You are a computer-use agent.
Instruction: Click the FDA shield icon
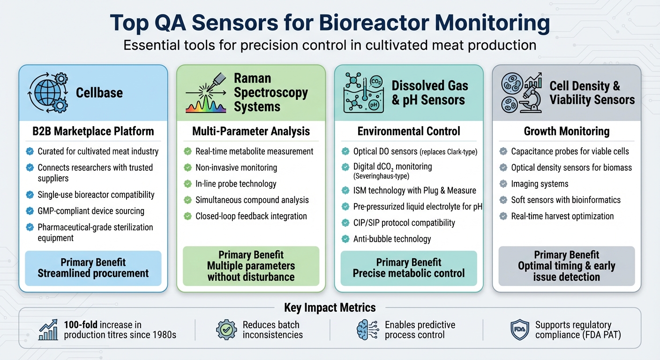(x=519, y=330)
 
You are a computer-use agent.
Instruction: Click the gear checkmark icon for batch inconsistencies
(x=226, y=330)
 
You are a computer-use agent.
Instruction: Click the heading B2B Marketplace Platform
(x=93, y=131)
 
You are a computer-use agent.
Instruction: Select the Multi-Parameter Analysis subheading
(x=251, y=131)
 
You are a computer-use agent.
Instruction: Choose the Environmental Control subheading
(x=409, y=131)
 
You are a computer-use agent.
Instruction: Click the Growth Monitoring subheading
(x=566, y=131)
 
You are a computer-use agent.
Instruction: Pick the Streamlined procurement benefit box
(x=93, y=268)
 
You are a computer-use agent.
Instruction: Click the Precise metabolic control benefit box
(x=409, y=268)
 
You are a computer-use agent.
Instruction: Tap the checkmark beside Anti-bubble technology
(x=345, y=239)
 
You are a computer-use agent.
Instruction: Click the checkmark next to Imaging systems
(x=503, y=184)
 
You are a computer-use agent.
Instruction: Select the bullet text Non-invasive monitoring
(x=236, y=167)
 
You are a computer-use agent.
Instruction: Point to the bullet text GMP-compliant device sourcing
(x=91, y=211)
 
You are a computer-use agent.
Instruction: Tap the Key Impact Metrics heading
(x=330, y=307)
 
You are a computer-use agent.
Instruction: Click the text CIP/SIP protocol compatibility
(x=404, y=223)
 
